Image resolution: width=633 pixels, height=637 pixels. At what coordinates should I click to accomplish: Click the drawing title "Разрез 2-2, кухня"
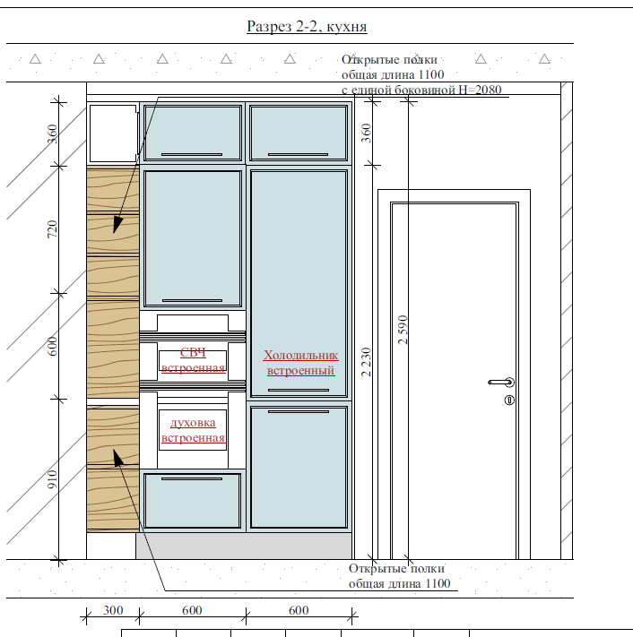pyautogui.click(x=307, y=27)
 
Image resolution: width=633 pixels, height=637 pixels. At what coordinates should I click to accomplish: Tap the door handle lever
pyautogui.click(x=501, y=383)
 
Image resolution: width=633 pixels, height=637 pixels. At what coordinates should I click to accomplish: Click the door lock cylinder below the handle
pyautogui.click(x=509, y=400)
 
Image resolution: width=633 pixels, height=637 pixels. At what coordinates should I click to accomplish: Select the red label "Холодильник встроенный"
pyautogui.click(x=301, y=363)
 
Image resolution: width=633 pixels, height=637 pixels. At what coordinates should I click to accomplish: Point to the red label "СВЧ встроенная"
pyautogui.click(x=193, y=360)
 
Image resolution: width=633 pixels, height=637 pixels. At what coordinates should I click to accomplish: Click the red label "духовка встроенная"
pyautogui.click(x=193, y=430)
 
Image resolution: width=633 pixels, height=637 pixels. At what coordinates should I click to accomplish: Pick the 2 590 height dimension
pyautogui.click(x=403, y=330)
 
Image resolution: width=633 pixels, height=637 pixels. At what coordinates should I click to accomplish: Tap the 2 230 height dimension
pyautogui.click(x=366, y=362)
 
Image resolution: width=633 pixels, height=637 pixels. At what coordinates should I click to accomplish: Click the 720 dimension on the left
pyautogui.click(x=52, y=229)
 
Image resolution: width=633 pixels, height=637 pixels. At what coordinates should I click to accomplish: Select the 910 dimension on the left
pyautogui.click(x=52, y=479)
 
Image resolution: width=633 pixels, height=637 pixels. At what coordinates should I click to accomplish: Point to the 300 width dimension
pyautogui.click(x=113, y=610)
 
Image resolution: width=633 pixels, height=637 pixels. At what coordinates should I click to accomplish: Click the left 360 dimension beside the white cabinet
pyautogui.click(x=52, y=134)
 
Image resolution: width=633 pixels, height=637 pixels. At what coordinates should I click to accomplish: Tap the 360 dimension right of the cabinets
pyautogui.click(x=366, y=133)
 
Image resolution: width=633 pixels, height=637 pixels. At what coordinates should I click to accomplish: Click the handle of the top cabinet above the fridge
pyautogui.click(x=298, y=154)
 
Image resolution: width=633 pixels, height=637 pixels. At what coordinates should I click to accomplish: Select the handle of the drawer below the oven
pyautogui.click(x=192, y=479)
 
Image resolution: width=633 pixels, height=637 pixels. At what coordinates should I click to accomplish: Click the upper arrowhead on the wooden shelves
pyautogui.click(x=117, y=224)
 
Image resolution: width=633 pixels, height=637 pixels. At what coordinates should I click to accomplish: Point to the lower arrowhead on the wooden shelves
pyautogui.click(x=118, y=458)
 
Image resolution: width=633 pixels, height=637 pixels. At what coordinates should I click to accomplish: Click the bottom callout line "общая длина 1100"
pyautogui.click(x=400, y=584)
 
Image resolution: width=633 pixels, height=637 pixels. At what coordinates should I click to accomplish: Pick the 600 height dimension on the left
pyautogui.click(x=52, y=346)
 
